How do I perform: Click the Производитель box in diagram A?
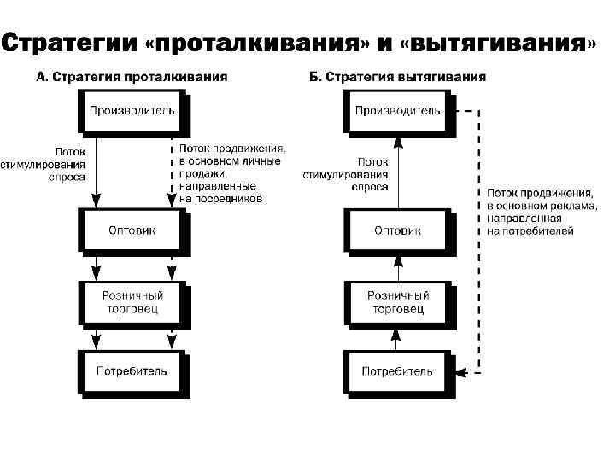(132, 110)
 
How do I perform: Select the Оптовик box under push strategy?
(132, 230)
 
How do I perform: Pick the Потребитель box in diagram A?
(132, 371)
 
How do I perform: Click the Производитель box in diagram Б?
(397, 110)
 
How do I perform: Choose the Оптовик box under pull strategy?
(397, 230)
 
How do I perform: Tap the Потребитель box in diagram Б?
(397, 371)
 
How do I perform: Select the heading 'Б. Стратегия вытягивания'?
(397, 77)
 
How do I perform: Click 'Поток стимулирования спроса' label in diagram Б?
(345, 173)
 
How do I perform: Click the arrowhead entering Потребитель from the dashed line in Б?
(462, 371)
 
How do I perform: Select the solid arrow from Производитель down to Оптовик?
(96, 171)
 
